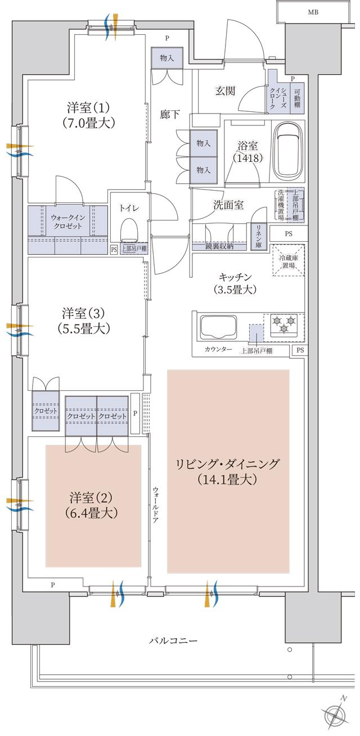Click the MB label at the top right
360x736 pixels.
311,12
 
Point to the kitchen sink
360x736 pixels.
217,328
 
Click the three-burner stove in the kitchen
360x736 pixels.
283,326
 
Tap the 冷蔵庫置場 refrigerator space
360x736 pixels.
289,260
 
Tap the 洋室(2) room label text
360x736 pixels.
92,505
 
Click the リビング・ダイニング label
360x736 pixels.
227,472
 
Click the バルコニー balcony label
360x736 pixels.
173,641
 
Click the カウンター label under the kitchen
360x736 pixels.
218,349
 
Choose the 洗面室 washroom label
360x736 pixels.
228,205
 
